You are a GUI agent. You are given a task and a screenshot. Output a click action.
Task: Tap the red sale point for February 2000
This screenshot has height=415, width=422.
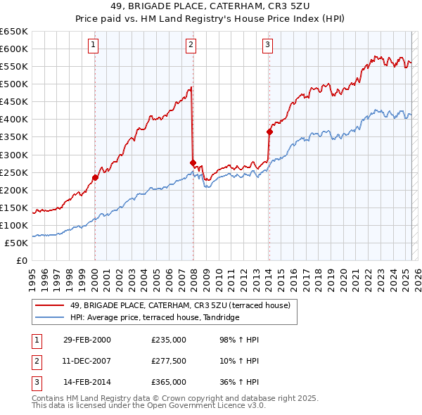[x=95, y=177]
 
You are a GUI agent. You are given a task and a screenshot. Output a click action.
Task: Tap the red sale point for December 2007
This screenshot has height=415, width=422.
[x=193, y=162]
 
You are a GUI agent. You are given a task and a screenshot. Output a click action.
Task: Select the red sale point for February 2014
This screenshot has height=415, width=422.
[x=269, y=132]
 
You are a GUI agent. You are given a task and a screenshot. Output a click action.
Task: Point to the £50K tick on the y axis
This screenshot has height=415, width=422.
[x=17, y=243]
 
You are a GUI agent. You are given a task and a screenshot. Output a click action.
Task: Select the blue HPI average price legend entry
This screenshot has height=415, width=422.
[x=155, y=317]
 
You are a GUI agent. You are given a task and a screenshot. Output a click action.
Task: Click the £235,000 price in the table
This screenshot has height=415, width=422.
[x=169, y=340]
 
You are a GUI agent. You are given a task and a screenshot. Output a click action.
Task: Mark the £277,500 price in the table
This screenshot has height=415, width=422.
[x=169, y=361]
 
